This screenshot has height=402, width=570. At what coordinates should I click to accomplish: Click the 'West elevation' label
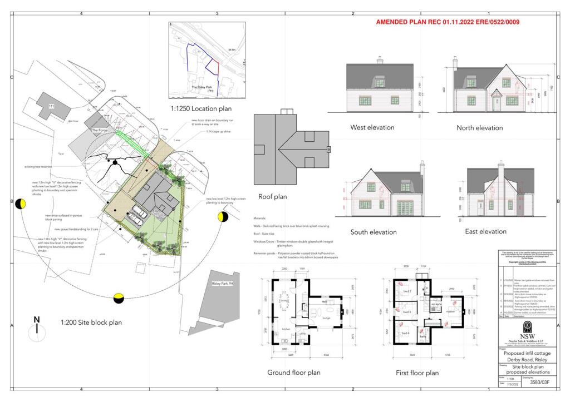(x=372, y=127)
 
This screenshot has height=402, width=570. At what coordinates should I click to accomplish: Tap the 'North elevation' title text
(x=479, y=128)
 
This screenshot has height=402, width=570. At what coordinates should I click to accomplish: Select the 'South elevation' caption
(x=373, y=232)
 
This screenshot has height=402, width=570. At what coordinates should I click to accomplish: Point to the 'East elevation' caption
(x=485, y=231)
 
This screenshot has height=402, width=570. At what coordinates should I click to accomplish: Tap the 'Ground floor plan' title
(x=294, y=372)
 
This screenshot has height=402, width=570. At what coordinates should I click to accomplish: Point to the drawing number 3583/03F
(x=537, y=383)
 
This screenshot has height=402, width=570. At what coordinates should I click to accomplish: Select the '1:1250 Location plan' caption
(x=202, y=108)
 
